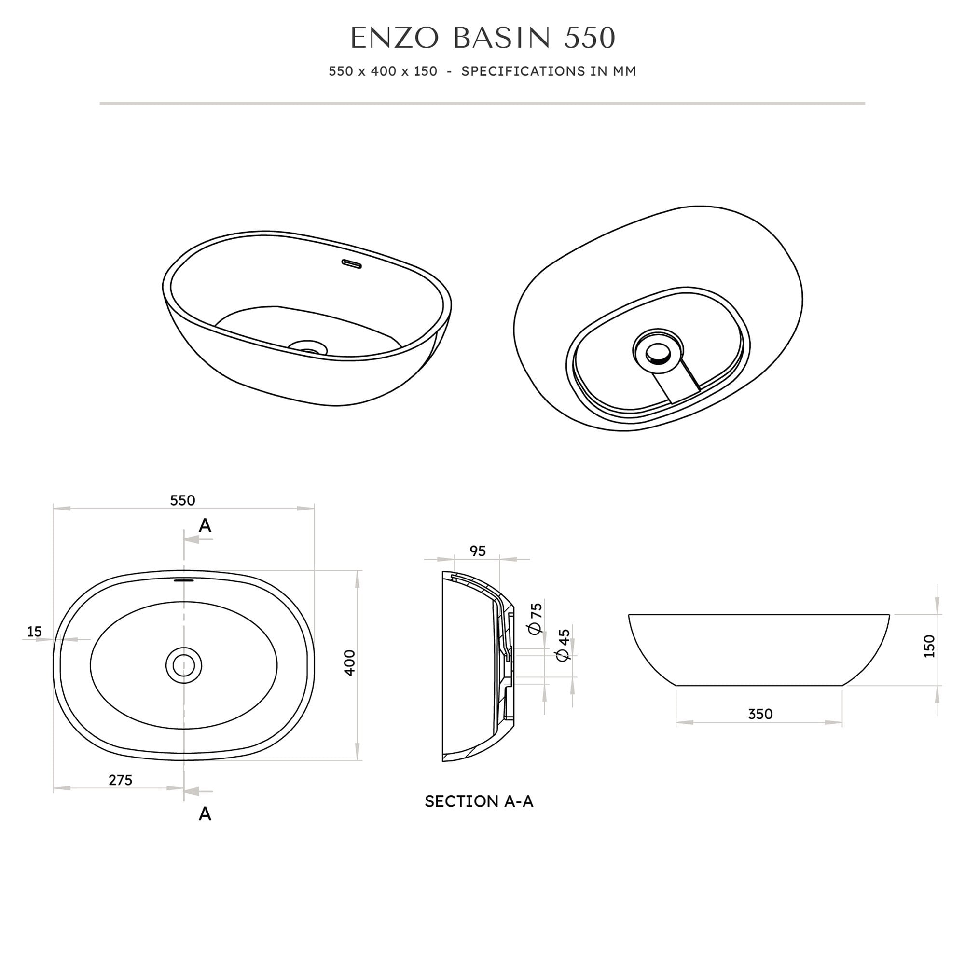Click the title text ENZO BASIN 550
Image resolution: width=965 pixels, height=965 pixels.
coord(482,39)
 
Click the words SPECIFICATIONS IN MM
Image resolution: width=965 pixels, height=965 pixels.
coord(549,71)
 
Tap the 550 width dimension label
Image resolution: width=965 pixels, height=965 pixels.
coord(182,500)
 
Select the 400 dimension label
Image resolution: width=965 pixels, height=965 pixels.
coord(350,663)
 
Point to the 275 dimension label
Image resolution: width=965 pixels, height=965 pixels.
coord(120,780)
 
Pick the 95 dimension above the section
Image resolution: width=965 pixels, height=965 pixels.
coord(478,551)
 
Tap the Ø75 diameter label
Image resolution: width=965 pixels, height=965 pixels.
coord(536,619)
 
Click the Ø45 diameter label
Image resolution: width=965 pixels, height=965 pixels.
coord(564,645)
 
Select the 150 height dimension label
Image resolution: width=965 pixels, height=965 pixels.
coord(929,646)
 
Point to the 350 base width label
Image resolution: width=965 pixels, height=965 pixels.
coord(760,714)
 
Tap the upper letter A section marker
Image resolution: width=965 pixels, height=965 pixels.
coord(205,525)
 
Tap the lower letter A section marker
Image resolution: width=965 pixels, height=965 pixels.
coord(205,814)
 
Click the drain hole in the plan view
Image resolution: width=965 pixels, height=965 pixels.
coord(184,665)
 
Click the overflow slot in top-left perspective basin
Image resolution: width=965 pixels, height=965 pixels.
coord(351,263)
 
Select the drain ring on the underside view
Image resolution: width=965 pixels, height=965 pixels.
coord(657,353)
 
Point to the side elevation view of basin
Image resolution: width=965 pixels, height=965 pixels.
coord(758,649)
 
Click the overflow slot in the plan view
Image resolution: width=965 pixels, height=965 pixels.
coord(183,580)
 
